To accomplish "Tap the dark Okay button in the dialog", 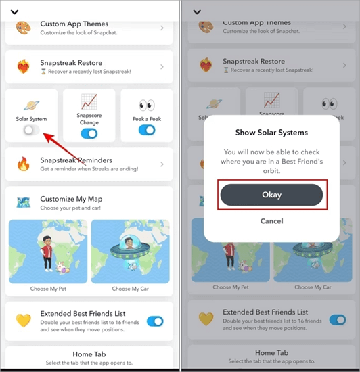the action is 271,195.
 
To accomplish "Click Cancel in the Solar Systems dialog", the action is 272,221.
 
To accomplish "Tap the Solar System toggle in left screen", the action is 31,130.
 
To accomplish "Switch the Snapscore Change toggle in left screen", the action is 89,133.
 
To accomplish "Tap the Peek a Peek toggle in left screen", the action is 147,130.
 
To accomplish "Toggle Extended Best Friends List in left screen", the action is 155,321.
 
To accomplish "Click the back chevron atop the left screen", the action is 14,12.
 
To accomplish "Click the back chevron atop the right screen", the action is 197,12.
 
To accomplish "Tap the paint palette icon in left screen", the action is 23,28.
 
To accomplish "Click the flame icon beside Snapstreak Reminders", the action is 24,164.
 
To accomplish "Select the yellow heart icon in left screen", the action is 23,321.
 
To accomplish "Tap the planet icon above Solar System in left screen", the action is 31,106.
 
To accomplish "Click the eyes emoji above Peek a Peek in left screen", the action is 147,105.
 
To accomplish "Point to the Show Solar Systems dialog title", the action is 271,133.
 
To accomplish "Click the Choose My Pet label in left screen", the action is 48,289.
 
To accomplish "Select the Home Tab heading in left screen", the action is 89,354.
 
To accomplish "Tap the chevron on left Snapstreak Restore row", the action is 162,67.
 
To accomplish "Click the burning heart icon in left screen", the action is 23,66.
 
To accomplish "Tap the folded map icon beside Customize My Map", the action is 23,203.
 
